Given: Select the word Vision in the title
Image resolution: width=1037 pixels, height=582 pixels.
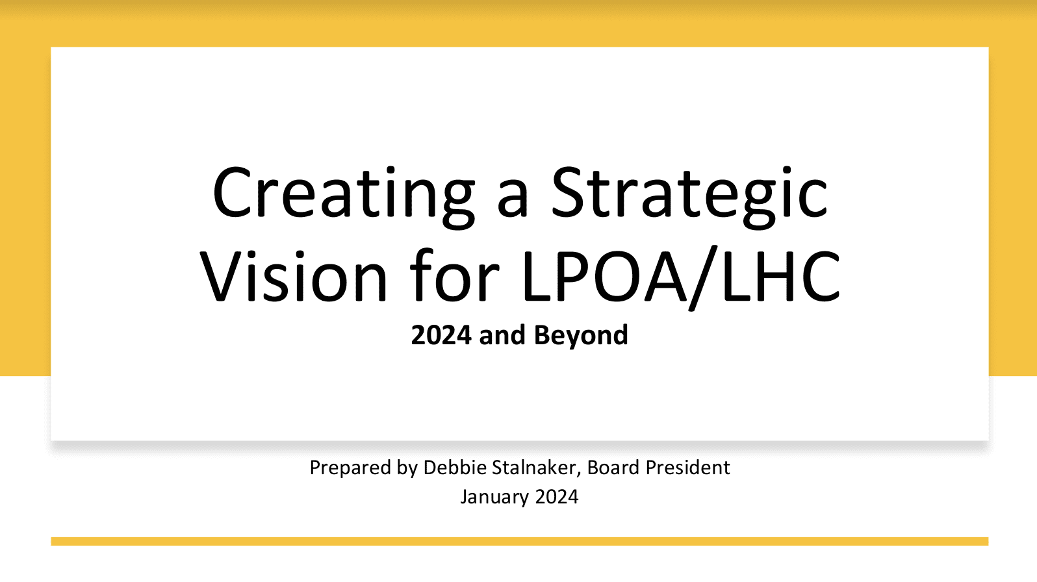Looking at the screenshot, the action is (x=293, y=276).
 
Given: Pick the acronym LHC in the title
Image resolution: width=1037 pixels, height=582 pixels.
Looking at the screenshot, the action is (x=780, y=276).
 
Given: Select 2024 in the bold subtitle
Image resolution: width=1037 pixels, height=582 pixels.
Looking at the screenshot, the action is (x=441, y=335).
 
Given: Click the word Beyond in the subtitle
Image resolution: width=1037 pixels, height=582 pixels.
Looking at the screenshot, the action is (x=581, y=335).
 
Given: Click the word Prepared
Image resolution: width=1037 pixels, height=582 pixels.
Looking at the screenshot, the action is (x=350, y=468).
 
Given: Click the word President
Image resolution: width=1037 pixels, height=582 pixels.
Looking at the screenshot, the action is (x=688, y=467).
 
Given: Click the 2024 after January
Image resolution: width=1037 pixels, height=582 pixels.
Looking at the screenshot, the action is (x=557, y=497).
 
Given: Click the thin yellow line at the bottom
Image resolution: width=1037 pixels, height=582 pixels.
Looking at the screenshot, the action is (x=519, y=541).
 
